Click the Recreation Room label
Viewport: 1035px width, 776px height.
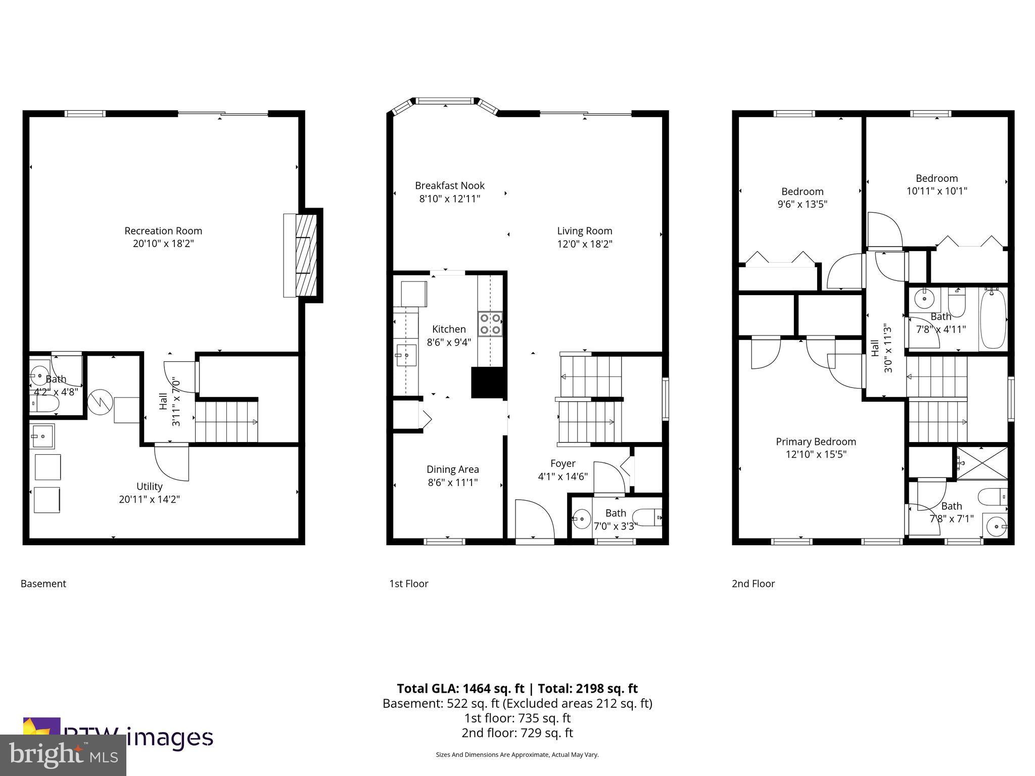163,231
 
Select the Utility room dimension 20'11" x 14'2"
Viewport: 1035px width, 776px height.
149,500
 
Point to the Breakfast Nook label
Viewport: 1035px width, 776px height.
450,186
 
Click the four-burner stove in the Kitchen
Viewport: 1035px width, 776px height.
490,324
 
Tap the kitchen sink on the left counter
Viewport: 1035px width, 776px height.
406,355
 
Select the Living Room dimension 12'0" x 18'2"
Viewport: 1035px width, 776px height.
585,244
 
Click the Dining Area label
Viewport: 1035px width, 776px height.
452,469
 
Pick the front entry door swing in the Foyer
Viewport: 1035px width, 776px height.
535,519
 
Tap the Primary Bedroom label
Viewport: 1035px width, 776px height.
816,442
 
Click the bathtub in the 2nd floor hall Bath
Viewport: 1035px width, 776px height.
993,319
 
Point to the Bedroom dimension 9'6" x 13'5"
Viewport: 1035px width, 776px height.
802,205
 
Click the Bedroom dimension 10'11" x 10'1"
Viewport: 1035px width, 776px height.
936,191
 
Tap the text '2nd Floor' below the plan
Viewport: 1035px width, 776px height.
753,584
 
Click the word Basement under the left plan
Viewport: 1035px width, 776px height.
43,584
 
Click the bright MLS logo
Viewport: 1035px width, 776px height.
63,755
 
